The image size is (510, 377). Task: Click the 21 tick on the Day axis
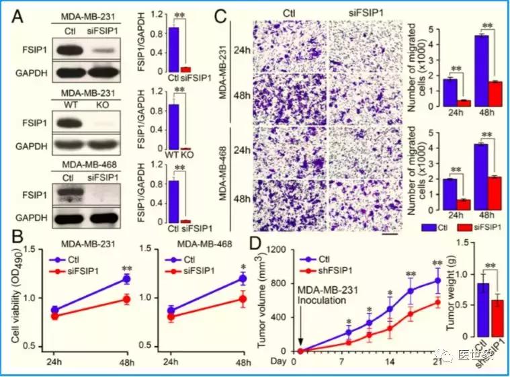coord(437,361)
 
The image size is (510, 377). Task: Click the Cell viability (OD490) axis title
coord(32,294)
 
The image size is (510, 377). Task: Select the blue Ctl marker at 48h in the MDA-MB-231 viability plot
coord(125,278)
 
